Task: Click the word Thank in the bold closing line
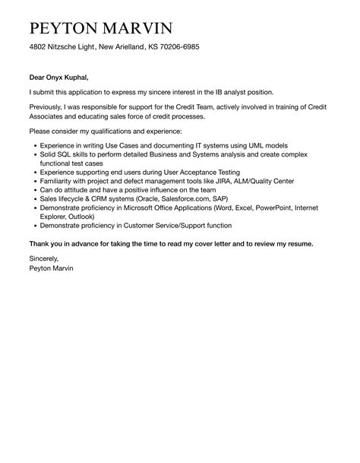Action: (42, 244)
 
